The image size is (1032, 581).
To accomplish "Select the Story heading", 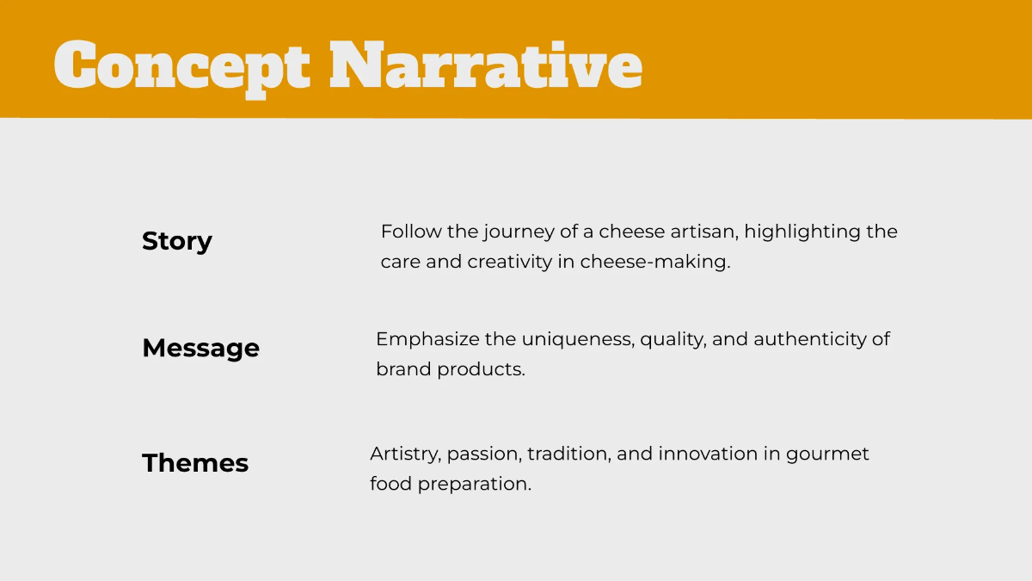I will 176,241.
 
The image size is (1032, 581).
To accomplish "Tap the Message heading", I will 200,348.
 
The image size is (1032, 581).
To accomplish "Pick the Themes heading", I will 195,463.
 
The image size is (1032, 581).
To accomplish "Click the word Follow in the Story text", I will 408,232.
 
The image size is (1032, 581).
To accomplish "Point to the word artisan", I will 704,232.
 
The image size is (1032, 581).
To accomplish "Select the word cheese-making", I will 654,262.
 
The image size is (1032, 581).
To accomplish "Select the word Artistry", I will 404,454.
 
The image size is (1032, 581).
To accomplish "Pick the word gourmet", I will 827,454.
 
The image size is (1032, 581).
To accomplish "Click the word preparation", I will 474,484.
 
